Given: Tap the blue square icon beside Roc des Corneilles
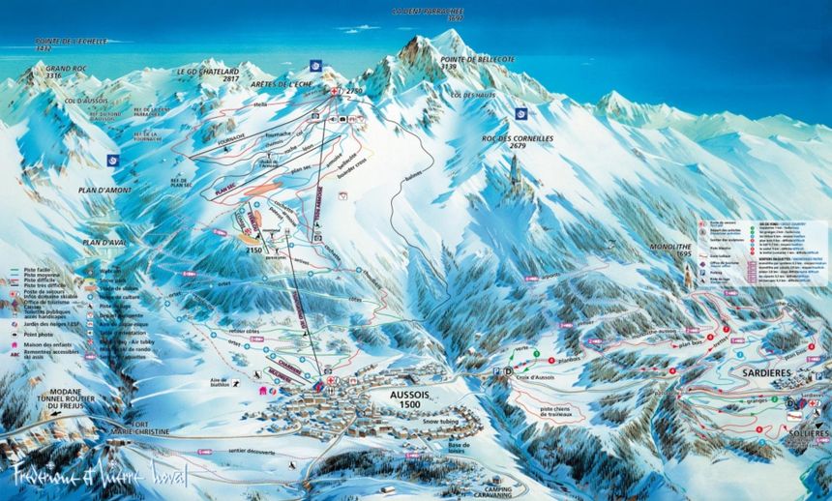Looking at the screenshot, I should pyautogui.click(x=521, y=114).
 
